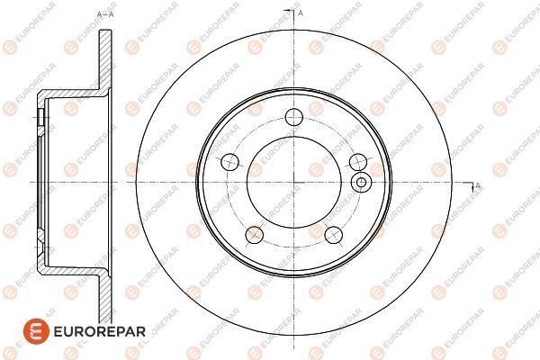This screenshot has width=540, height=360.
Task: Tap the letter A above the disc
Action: pyautogui.click(x=300, y=13)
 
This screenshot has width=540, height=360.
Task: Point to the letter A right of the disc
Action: pyautogui.click(x=477, y=186)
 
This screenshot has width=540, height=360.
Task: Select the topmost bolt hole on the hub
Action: pyautogui.click(x=292, y=116)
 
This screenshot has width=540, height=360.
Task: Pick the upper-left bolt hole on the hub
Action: pyautogui.click(x=229, y=162)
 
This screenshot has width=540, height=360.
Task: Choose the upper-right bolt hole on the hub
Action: pyautogui.click(x=356, y=161)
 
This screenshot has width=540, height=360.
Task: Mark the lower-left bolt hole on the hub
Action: pyautogui.click(x=254, y=236)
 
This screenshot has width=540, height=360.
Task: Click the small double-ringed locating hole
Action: pyautogui.click(x=362, y=183)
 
